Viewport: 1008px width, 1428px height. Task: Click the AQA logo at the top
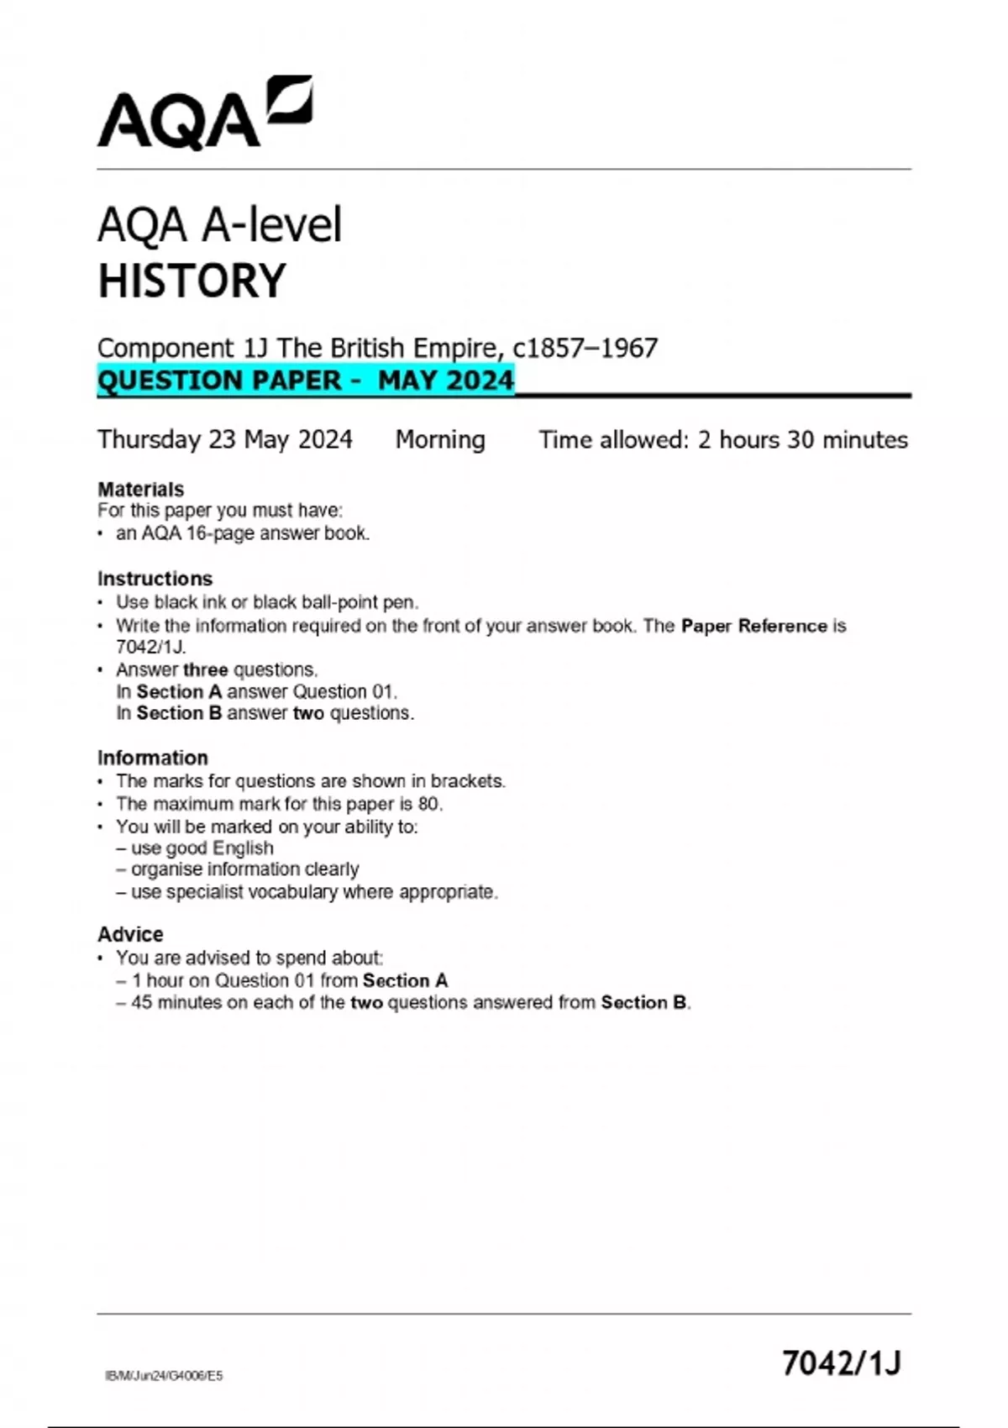pyautogui.click(x=204, y=113)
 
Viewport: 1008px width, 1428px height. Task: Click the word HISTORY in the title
pyautogui.click(x=192, y=281)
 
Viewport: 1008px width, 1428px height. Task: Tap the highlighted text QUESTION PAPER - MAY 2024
pyautogui.click(x=306, y=381)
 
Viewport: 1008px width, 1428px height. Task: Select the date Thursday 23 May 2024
pyautogui.click(x=225, y=439)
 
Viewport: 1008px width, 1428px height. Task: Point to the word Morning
pyautogui.click(x=440, y=439)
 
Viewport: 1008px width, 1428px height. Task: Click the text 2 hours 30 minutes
pyautogui.click(x=802, y=439)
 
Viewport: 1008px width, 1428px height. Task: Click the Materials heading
pyautogui.click(x=140, y=489)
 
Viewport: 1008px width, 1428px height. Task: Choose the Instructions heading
pyautogui.click(x=155, y=579)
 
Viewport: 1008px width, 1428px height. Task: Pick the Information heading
pyautogui.click(x=152, y=758)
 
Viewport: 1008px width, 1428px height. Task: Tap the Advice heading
pyautogui.click(x=130, y=934)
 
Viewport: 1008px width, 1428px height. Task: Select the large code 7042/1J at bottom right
pyautogui.click(x=841, y=1362)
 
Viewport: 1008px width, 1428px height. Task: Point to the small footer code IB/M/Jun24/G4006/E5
pyautogui.click(x=164, y=1376)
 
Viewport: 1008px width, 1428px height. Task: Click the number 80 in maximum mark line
pyautogui.click(x=428, y=804)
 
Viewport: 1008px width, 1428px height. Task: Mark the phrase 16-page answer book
pyautogui.click(x=277, y=533)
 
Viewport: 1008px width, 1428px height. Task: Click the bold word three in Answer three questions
pyautogui.click(x=205, y=669)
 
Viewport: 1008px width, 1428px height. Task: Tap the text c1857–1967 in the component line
pyautogui.click(x=585, y=348)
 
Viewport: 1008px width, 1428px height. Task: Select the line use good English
pyautogui.click(x=202, y=848)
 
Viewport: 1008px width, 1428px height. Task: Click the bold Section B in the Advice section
pyautogui.click(x=643, y=1002)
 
